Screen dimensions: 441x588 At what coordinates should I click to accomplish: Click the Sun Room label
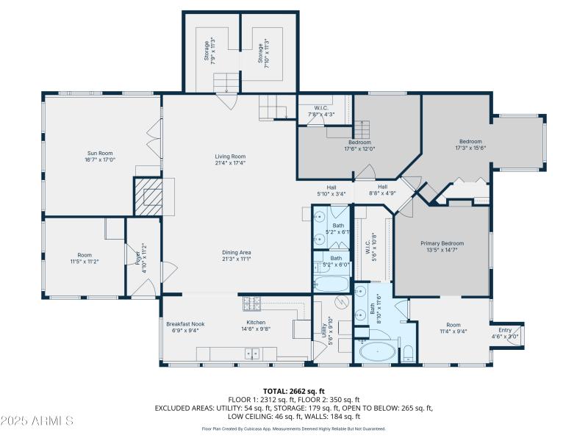[x=101, y=156]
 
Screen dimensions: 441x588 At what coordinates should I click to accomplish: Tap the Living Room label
[x=230, y=159]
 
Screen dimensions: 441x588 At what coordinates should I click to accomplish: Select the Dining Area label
[x=237, y=256]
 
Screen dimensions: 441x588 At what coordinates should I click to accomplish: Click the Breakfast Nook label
[x=182, y=326]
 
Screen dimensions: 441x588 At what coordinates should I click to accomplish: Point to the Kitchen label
[x=255, y=326]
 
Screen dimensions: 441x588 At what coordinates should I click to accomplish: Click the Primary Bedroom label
[x=442, y=246]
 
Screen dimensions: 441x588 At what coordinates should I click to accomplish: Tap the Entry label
[x=505, y=333]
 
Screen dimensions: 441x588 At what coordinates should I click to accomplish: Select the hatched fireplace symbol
[x=147, y=196]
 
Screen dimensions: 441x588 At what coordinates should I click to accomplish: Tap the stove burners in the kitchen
[x=252, y=303]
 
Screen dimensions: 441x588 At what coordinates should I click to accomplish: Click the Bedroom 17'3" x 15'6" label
[x=470, y=145]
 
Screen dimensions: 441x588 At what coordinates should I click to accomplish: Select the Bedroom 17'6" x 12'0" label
[x=359, y=146]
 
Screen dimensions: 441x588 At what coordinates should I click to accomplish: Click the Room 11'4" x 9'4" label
[x=452, y=327]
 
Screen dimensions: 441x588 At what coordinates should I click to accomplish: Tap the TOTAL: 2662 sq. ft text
[x=293, y=391]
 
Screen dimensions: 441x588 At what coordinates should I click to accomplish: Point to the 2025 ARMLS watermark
[x=37, y=420]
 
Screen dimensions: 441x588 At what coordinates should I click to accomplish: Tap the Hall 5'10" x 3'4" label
[x=331, y=190]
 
